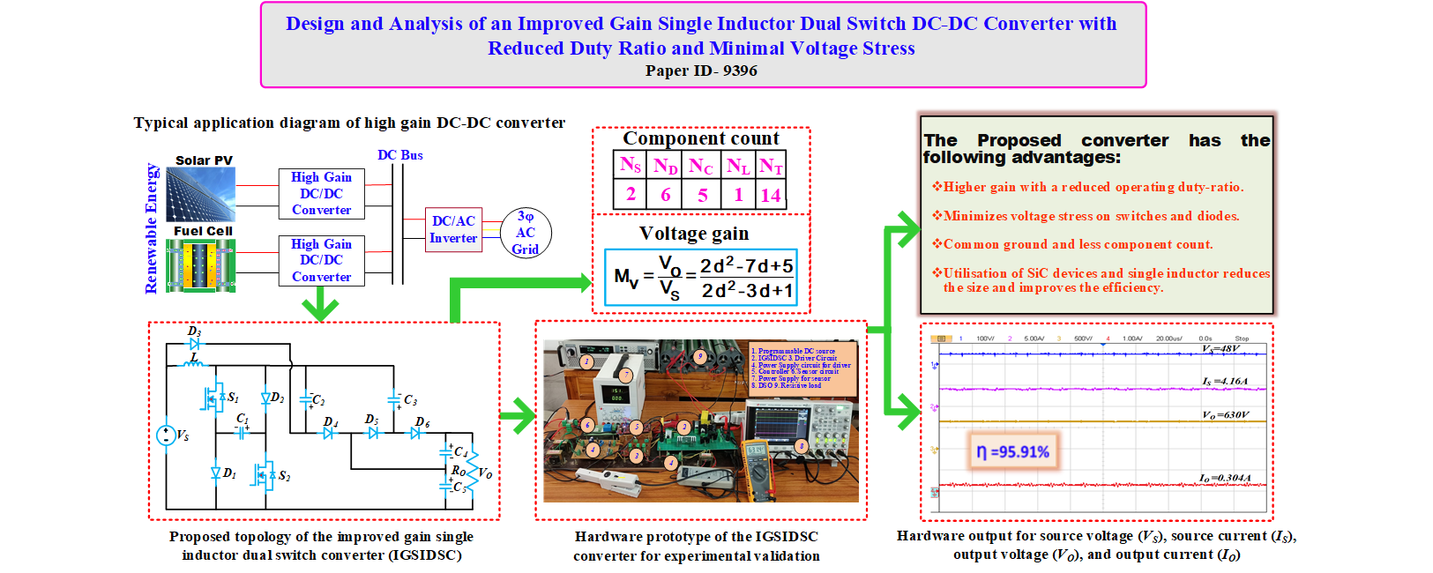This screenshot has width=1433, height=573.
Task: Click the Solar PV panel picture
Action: click(201, 194)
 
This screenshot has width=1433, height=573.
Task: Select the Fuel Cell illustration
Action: click(201, 265)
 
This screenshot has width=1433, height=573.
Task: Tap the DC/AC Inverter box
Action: click(453, 229)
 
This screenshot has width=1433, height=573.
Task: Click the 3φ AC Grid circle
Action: click(526, 233)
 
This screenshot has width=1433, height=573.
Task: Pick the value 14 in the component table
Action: click(771, 195)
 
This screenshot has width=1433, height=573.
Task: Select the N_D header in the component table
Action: click(666, 166)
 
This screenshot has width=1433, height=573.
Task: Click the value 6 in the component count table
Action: click(666, 195)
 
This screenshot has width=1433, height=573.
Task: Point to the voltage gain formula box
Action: click(701, 278)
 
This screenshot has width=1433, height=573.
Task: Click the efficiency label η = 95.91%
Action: click(1012, 452)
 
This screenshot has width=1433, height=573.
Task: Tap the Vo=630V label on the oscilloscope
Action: click(1226, 414)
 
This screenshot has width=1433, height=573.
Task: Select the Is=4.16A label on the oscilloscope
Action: click(1225, 381)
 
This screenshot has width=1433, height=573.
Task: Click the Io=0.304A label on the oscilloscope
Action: click(1225, 478)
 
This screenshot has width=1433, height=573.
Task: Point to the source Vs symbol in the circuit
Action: click(166, 435)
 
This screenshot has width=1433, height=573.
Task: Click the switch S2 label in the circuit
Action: click(284, 476)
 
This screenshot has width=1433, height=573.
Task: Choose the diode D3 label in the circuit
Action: click(194, 331)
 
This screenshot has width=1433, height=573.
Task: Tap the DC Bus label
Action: click(400, 155)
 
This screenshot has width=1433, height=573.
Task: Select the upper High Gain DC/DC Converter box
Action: click(321, 194)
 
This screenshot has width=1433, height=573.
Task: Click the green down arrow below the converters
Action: click(320, 306)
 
